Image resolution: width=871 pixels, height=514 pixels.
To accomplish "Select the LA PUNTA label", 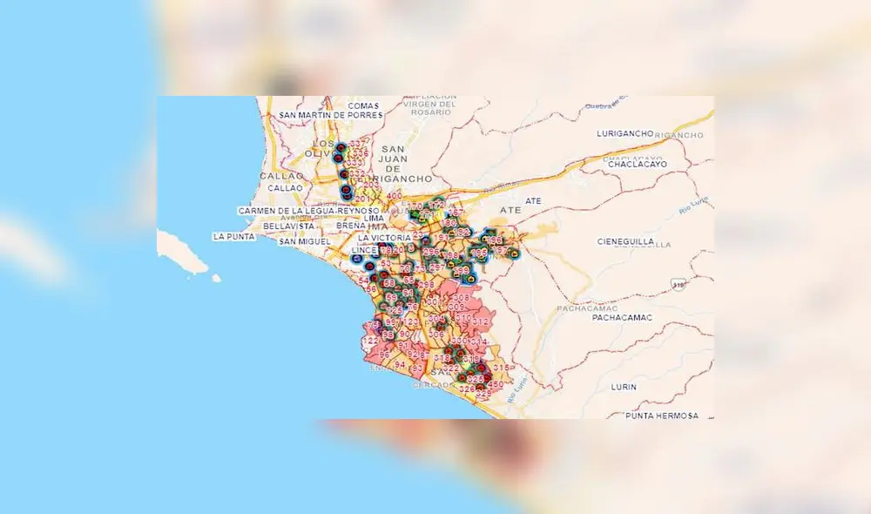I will pos(232,236).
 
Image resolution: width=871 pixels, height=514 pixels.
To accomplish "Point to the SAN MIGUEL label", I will pos(305,240).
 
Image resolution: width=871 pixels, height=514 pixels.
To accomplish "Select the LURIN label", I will pos(624,386).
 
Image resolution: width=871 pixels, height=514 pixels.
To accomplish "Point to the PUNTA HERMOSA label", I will pos(662,416).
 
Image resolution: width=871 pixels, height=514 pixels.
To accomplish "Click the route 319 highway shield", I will pos(678,283).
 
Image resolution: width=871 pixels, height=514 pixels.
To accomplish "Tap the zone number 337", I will pos(358,145).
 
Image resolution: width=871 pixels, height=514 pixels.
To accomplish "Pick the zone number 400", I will pos(394,195).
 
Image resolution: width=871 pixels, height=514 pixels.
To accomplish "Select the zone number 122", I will pos(370,341).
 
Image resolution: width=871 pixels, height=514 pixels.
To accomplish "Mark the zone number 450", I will pos(495,385).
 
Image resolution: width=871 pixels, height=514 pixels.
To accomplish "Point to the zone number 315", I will pos(500,368).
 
